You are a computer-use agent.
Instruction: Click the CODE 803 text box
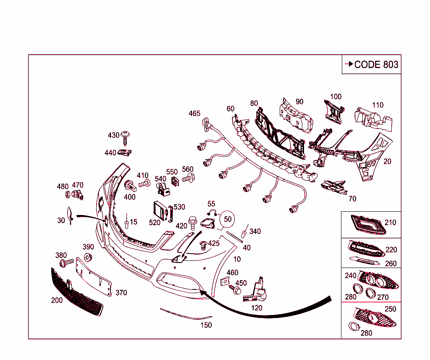pyautogui.click(x=371, y=64)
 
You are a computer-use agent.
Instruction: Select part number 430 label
pyautogui.click(x=113, y=135)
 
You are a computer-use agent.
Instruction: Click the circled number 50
pyautogui.click(x=228, y=219)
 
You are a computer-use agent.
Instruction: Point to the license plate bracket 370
pyautogui.click(x=94, y=277)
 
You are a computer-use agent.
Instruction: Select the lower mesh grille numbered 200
pyautogui.click(x=76, y=292)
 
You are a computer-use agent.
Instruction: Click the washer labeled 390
pyautogui.click(x=88, y=257)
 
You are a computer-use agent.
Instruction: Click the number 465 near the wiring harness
pyautogui.click(x=194, y=113)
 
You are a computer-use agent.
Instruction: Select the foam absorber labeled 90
pyautogui.click(x=297, y=115)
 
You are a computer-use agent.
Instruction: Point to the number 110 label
pyautogui.click(x=378, y=105)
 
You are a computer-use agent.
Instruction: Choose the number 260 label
pyautogui.click(x=391, y=263)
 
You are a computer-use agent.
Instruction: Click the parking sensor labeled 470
pyautogui.click(x=78, y=194)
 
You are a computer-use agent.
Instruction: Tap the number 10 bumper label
pyautogui.click(x=237, y=259)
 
